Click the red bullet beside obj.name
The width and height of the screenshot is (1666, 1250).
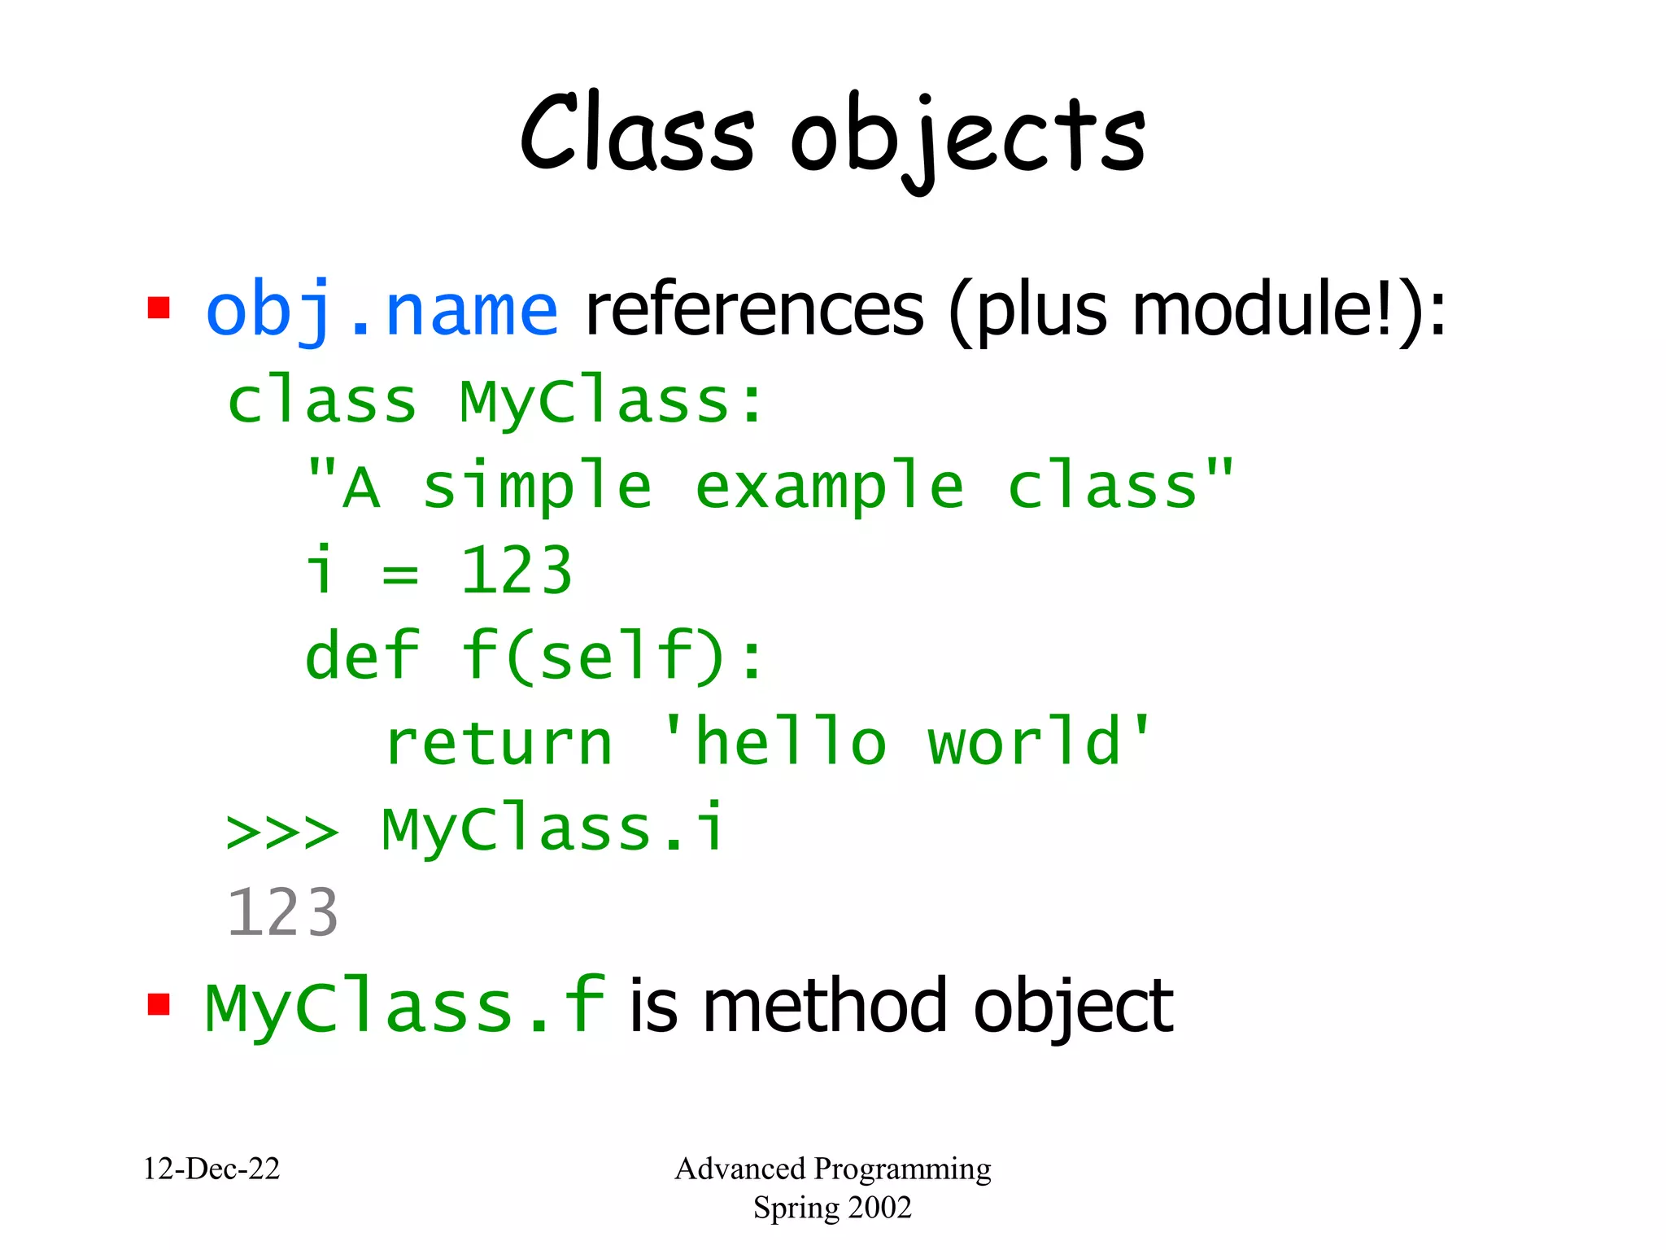159,308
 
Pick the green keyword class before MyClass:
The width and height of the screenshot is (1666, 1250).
321,401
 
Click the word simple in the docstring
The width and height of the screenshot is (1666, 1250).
537,487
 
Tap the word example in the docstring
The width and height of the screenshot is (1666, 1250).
830,487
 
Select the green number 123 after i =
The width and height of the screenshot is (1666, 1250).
517,571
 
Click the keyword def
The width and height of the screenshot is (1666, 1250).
362,656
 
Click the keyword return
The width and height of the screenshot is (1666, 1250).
499,743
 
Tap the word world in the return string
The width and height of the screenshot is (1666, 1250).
1025,743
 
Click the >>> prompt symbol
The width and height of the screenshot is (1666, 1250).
281,832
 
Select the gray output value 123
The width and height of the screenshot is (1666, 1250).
281,913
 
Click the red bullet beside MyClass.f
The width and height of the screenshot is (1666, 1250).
159,1005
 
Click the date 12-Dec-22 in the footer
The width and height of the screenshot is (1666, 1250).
212,1169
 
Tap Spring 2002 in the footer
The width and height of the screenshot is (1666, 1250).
832,1208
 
